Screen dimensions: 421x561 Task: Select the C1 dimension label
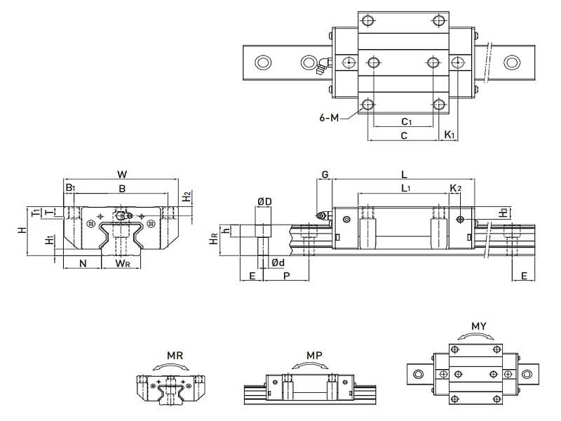(405, 121)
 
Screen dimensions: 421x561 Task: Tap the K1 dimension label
(450, 135)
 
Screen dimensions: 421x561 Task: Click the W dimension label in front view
(123, 173)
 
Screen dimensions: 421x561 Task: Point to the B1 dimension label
(70, 188)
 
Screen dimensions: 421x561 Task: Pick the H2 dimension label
(187, 197)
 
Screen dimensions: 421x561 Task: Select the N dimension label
(83, 263)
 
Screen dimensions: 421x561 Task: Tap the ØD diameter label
(264, 202)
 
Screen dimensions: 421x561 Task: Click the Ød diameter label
(278, 262)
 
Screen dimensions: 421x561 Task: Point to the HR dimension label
(213, 240)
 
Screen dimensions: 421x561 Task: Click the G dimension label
(324, 173)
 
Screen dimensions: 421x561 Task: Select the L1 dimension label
(406, 188)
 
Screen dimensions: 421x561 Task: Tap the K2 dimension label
(454, 188)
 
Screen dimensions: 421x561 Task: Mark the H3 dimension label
(503, 211)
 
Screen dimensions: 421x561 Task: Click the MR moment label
(175, 356)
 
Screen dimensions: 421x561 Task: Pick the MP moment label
(314, 356)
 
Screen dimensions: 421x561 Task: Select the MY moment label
(479, 326)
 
